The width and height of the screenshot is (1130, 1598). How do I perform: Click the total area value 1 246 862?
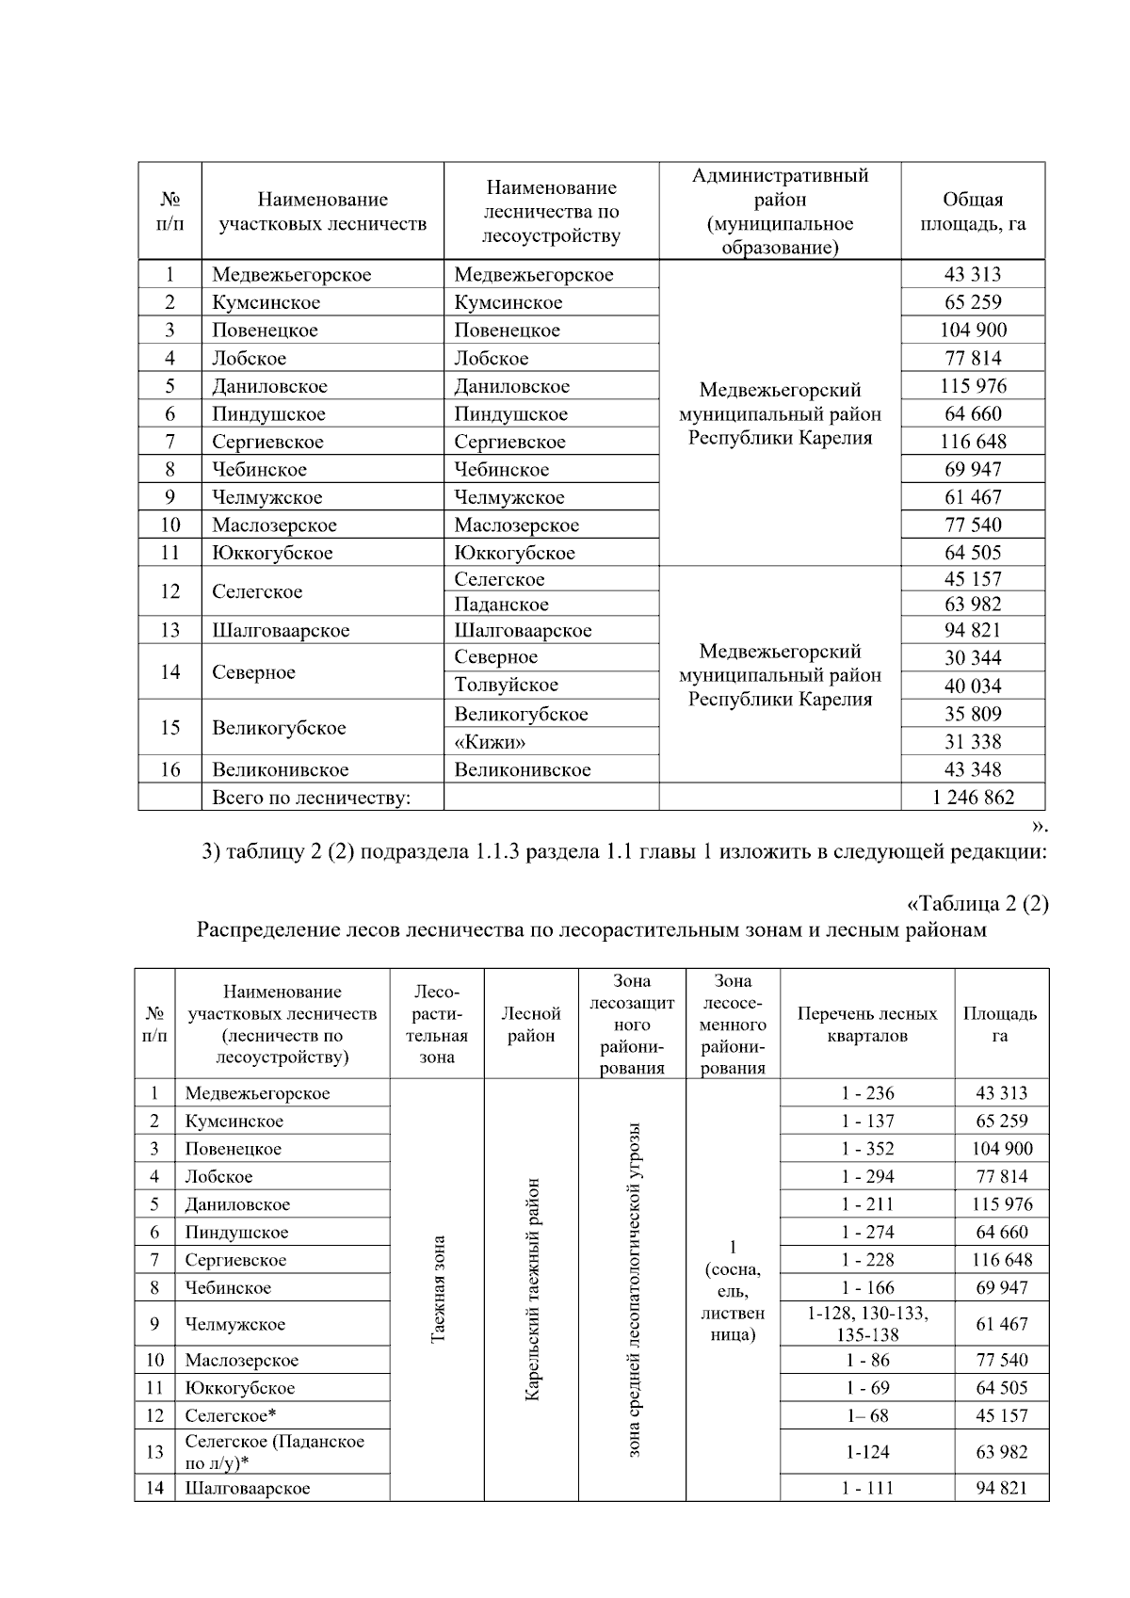coord(973,798)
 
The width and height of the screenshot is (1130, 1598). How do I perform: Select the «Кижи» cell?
coord(490,742)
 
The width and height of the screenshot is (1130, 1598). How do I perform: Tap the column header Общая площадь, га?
coord(973,212)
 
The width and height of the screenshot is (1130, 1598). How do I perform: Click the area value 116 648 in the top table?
coord(973,442)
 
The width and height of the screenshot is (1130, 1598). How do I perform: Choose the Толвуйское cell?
coord(506,686)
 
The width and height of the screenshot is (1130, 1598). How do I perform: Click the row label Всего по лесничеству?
coord(312,798)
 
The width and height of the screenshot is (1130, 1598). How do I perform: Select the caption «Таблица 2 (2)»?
coord(977,904)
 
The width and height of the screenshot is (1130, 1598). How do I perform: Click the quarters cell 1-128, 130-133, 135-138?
coord(867,1324)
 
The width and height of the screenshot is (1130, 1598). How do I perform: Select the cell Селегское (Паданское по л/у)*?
coord(274,1452)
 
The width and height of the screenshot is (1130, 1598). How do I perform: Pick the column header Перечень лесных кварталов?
coord(867,1025)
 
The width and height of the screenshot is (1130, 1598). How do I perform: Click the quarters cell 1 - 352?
coord(867,1149)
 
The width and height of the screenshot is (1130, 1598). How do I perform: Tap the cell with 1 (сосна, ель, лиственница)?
coord(733,1290)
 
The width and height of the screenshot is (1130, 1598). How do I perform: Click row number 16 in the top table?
coord(169,769)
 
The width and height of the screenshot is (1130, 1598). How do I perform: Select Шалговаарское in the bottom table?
coord(248,1489)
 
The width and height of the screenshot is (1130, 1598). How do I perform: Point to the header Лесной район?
coord(531,1025)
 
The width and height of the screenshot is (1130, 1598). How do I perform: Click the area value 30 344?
coord(973,658)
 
